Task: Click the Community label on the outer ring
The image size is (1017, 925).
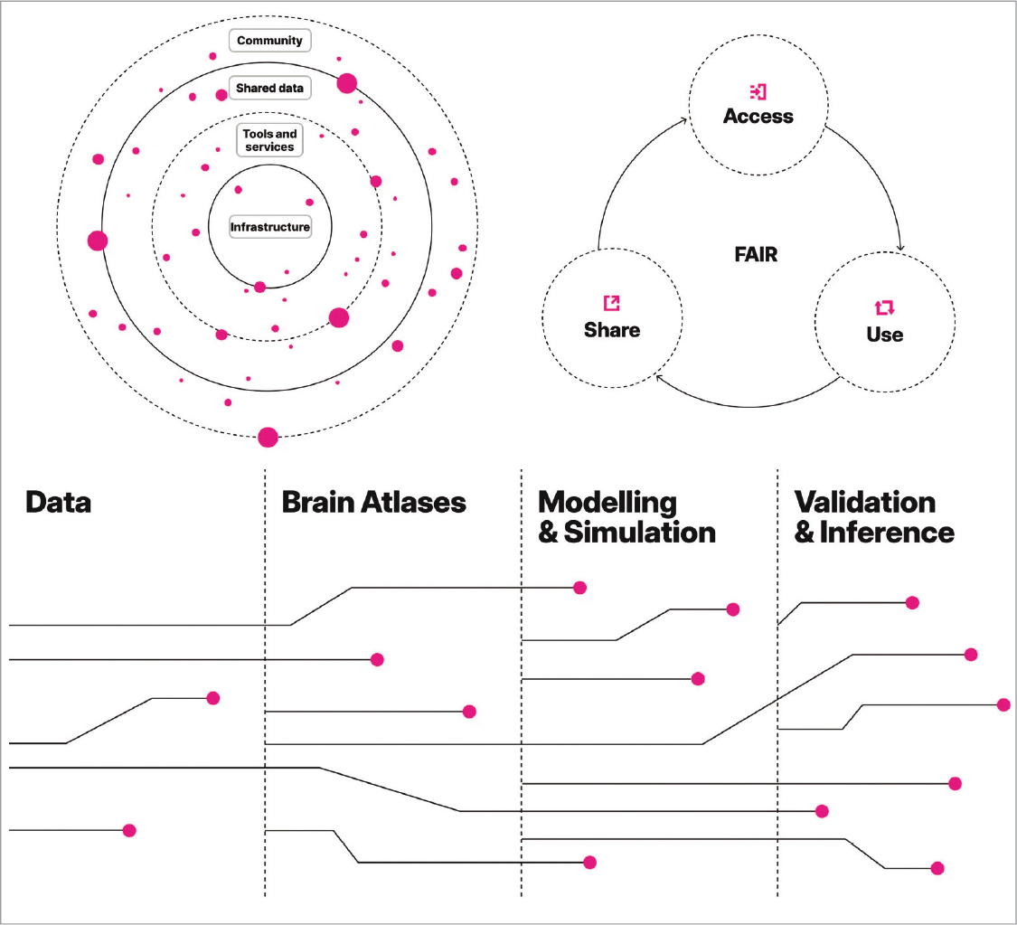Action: point(269,41)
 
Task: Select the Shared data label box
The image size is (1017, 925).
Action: point(269,89)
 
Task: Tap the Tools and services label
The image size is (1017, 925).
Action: point(269,141)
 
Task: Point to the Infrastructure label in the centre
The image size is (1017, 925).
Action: point(269,227)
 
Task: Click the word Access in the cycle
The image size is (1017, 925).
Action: point(758,117)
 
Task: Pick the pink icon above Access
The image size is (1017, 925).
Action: point(758,91)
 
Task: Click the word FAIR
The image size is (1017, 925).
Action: point(756,255)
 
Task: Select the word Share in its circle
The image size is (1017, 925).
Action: point(612,330)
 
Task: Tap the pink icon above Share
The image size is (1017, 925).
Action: point(612,304)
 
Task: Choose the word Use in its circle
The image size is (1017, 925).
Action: point(884,335)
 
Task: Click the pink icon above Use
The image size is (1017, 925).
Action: point(884,308)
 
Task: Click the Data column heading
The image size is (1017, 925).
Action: point(58,503)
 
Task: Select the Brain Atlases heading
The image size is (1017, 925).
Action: point(373,503)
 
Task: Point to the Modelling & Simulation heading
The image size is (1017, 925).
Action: point(626,517)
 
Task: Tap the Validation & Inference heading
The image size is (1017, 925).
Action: point(873,517)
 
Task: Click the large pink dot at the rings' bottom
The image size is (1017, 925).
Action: point(268,438)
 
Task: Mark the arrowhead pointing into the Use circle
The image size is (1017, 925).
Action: point(901,249)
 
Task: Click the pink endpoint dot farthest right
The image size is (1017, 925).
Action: point(1003,704)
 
